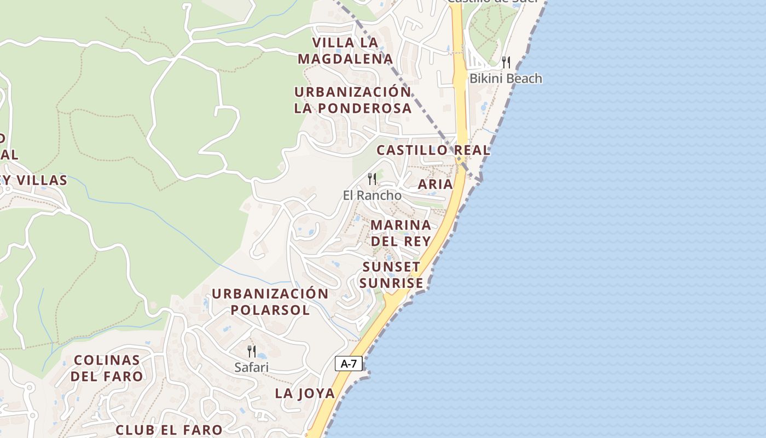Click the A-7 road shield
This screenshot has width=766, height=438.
pyautogui.click(x=349, y=363)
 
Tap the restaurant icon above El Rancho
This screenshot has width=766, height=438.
pyautogui.click(x=372, y=178)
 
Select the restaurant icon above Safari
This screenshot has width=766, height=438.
pyautogui.click(x=252, y=351)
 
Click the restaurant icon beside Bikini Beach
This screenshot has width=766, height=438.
pyautogui.click(x=506, y=62)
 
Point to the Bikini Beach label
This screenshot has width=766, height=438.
pyautogui.click(x=506, y=78)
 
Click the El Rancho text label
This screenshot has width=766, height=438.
pyautogui.click(x=372, y=195)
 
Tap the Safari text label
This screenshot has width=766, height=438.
pyautogui.click(x=252, y=367)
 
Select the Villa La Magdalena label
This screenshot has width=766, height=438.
pyautogui.click(x=346, y=50)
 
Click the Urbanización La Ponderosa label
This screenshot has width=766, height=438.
pyautogui.click(x=352, y=100)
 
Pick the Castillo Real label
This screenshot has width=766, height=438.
pyautogui.click(x=433, y=150)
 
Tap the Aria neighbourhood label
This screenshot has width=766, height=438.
pyautogui.click(x=436, y=185)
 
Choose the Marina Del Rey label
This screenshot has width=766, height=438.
pyautogui.click(x=401, y=233)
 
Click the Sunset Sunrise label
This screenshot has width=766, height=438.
pyautogui.click(x=392, y=275)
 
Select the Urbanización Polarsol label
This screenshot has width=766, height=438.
pyautogui.click(x=270, y=301)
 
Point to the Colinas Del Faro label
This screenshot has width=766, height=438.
pyautogui.click(x=108, y=368)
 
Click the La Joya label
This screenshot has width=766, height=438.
pyautogui.click(x=305, y=393)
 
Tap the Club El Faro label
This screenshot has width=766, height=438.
pyautogui.click(x=169, y=430)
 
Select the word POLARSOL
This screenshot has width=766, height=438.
pyautogui.click(x=270, y=310)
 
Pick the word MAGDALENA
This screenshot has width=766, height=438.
pyautogui.click(x=346, y=59)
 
